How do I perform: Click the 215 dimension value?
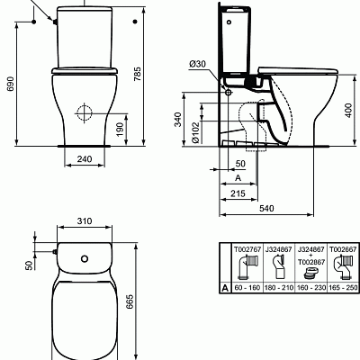(x=238, y=193)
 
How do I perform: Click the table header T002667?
(x=340, y=247)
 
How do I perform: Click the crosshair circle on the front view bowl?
(x=85, y=115)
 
